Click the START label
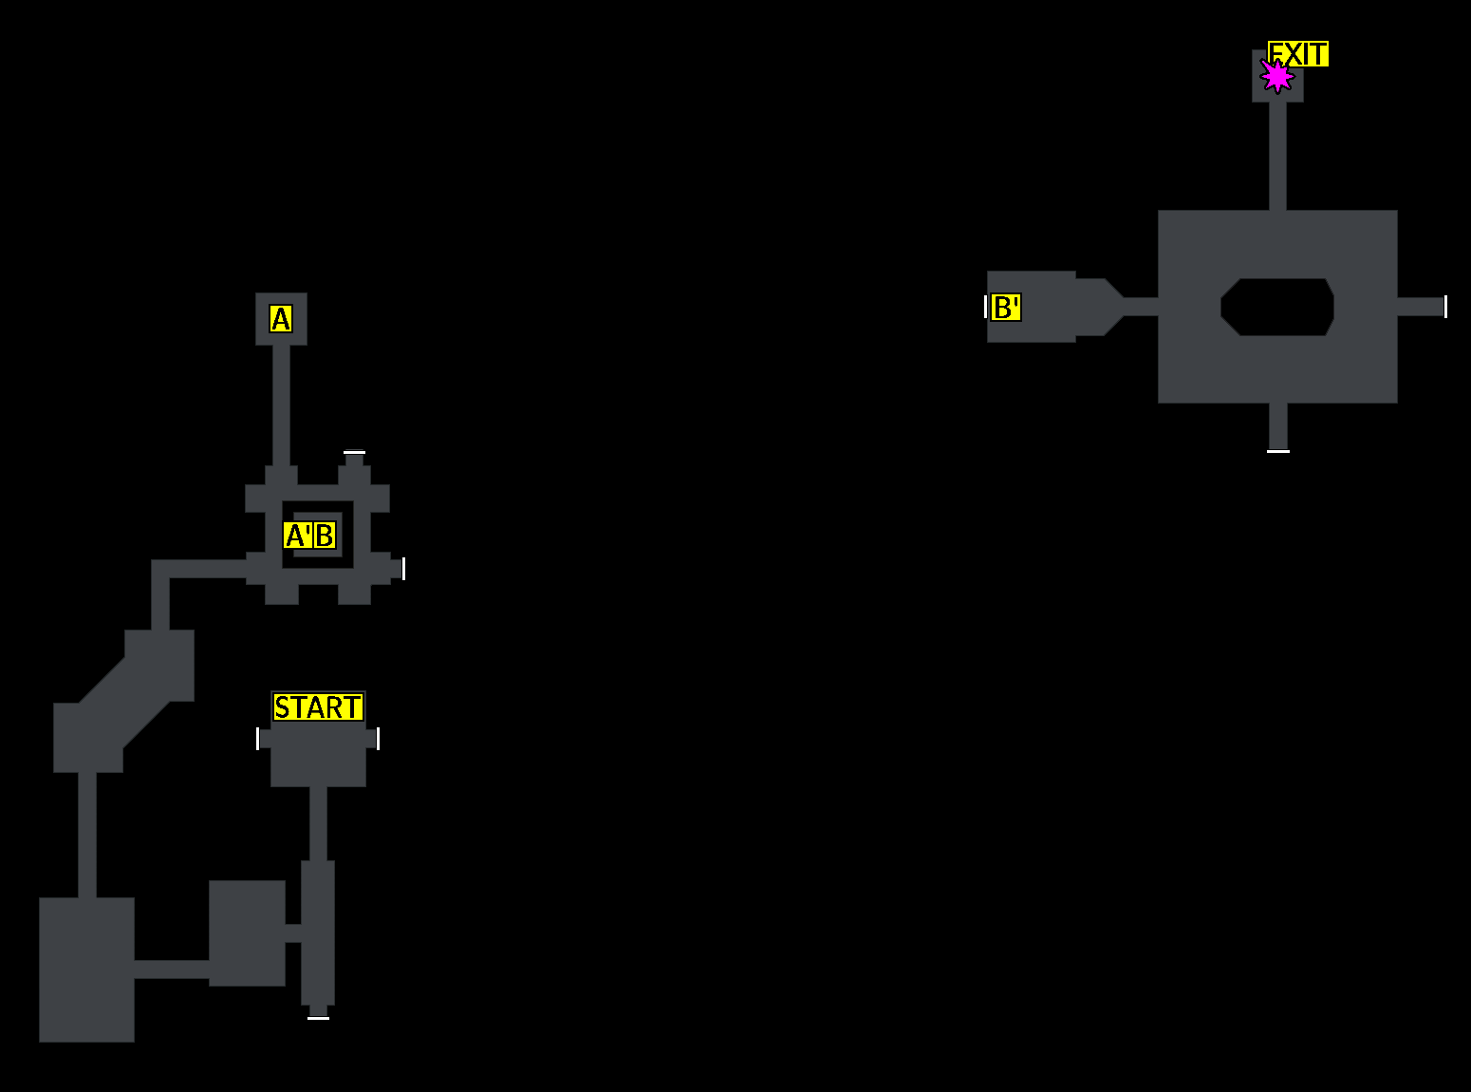click(318, 707)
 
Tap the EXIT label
click(1298, 54)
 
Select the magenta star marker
click(1277, 76)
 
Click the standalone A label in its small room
click(281, 319)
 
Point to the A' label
click(297, 536)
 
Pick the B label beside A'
click(325, 536)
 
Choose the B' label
click(1005, 308)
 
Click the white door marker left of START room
click(258, 739)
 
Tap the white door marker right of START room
click(378, 739)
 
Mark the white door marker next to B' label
click(986, 307)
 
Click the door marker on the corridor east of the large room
click(1444, 307)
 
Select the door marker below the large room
click(1277, 450)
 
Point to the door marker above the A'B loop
click(354, 453)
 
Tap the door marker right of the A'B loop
click(403, 568)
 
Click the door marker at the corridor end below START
click(318, 1017)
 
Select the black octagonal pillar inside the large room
click(1277, 307)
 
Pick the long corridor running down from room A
click(281, 404)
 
